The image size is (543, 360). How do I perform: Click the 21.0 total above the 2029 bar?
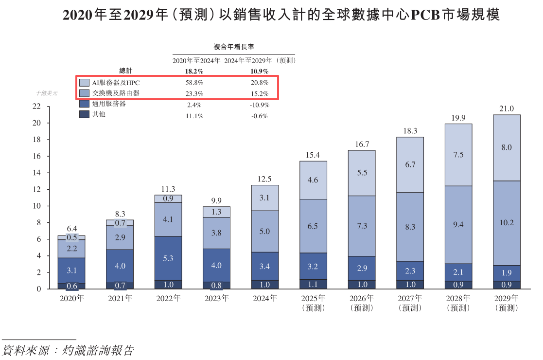click(x=507, y=108)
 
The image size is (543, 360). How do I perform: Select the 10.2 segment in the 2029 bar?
click(x=507, y=223)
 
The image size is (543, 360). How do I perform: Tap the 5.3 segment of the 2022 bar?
click(x=168, y=258)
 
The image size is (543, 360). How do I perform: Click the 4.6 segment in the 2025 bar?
click(x=313, y=180)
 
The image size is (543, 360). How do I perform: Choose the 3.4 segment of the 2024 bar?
click(x=264, y=266)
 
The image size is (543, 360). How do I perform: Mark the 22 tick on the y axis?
click(x=36, y=107)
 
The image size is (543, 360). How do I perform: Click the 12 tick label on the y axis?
click(x=36, y=190)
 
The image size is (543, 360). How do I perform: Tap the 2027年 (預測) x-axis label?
click(x=410, y=303)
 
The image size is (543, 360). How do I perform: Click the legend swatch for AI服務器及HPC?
click(x=84, y=83)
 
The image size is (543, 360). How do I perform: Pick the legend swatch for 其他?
click(x=84, y=114)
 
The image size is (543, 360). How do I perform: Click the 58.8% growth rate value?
click(x=193, y=83)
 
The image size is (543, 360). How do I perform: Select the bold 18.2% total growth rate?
click(x=193, y=71)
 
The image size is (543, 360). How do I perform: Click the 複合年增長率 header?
click(x=234, y=47)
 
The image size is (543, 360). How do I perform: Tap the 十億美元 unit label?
click(x=47, y=93)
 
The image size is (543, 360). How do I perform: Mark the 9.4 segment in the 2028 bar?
click(x=458, y=225)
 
